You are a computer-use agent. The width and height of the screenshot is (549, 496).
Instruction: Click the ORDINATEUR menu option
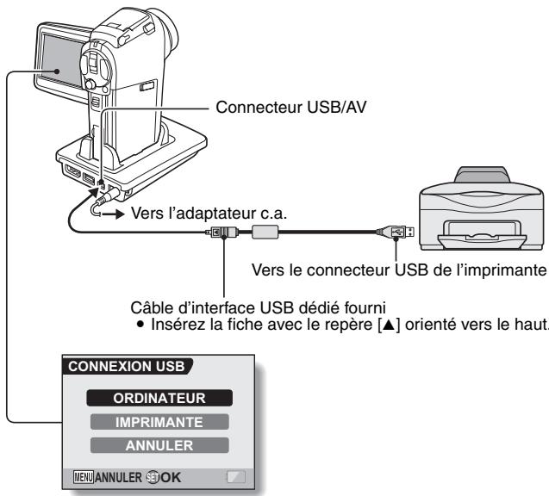click(164, 399)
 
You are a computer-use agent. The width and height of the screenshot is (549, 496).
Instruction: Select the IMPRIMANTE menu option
click(164, 422)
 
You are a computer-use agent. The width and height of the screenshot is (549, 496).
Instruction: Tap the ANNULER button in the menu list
click(164, 445)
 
